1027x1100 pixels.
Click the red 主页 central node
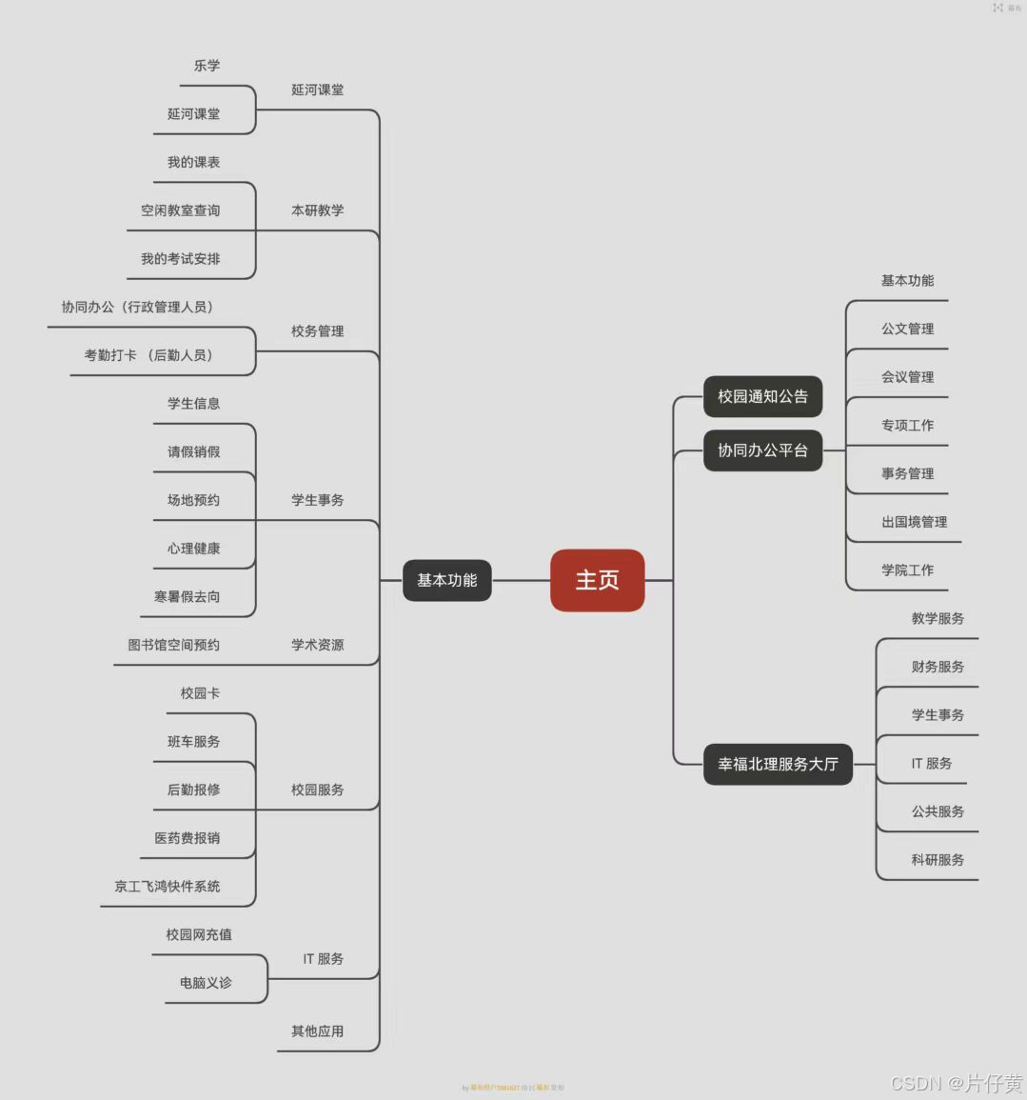pos(597,580)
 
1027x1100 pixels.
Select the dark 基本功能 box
pos(446,580)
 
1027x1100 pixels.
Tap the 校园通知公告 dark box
pos(762,396)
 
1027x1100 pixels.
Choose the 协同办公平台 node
pos(762,450)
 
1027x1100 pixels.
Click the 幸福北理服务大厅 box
pos(778,764)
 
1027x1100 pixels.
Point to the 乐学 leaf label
pos(207,66)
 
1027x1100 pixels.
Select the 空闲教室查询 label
pos(180,210)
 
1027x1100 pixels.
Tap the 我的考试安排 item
pos(180,259)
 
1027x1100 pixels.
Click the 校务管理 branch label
pos(317,331)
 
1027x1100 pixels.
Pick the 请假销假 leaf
pos(193,451)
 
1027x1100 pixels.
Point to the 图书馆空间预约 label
pos(173,645)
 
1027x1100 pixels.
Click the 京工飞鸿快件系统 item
pos(167,886)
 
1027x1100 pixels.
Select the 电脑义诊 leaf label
pos(206,983)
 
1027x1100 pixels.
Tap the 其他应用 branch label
pos(317,1031)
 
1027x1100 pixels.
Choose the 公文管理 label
pos(907,329)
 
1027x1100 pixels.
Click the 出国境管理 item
pos(914,522)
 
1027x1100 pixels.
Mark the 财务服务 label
pos(938,667)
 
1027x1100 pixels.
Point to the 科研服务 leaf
pos(938,860)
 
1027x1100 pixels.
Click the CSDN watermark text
pos(956,1083)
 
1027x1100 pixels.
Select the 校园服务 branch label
pos(317,790)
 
